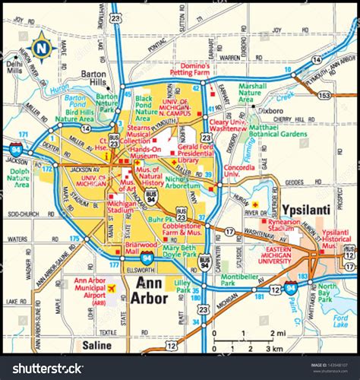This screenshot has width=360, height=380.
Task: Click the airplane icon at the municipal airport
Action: click(112, 289)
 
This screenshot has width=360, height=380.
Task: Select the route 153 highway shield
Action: click(324, 95)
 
